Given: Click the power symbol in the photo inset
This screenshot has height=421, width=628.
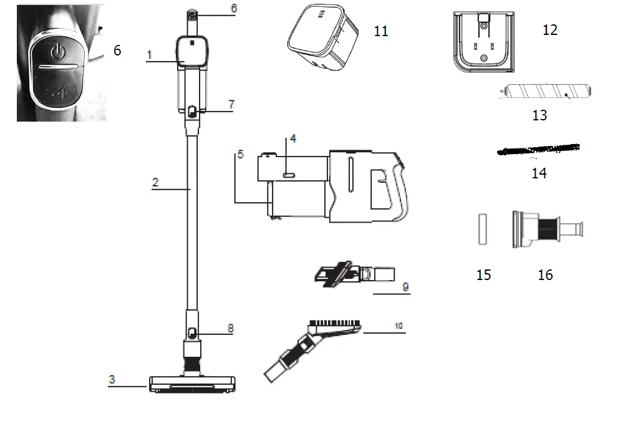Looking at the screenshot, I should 57,51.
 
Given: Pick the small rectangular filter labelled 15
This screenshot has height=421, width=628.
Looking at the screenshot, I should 481,230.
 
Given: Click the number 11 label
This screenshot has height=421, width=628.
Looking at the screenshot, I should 380,31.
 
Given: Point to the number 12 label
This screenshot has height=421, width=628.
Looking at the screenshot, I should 549,29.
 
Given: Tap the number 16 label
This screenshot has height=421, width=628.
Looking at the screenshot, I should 545,274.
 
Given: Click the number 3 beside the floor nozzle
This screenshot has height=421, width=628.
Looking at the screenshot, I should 112,379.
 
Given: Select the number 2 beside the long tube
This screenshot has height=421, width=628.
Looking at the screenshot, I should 155,182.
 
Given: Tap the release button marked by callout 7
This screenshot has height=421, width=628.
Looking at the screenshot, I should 192,112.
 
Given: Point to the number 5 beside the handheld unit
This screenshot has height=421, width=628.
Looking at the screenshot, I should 238,154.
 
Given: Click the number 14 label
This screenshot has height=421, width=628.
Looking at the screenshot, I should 539,173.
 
